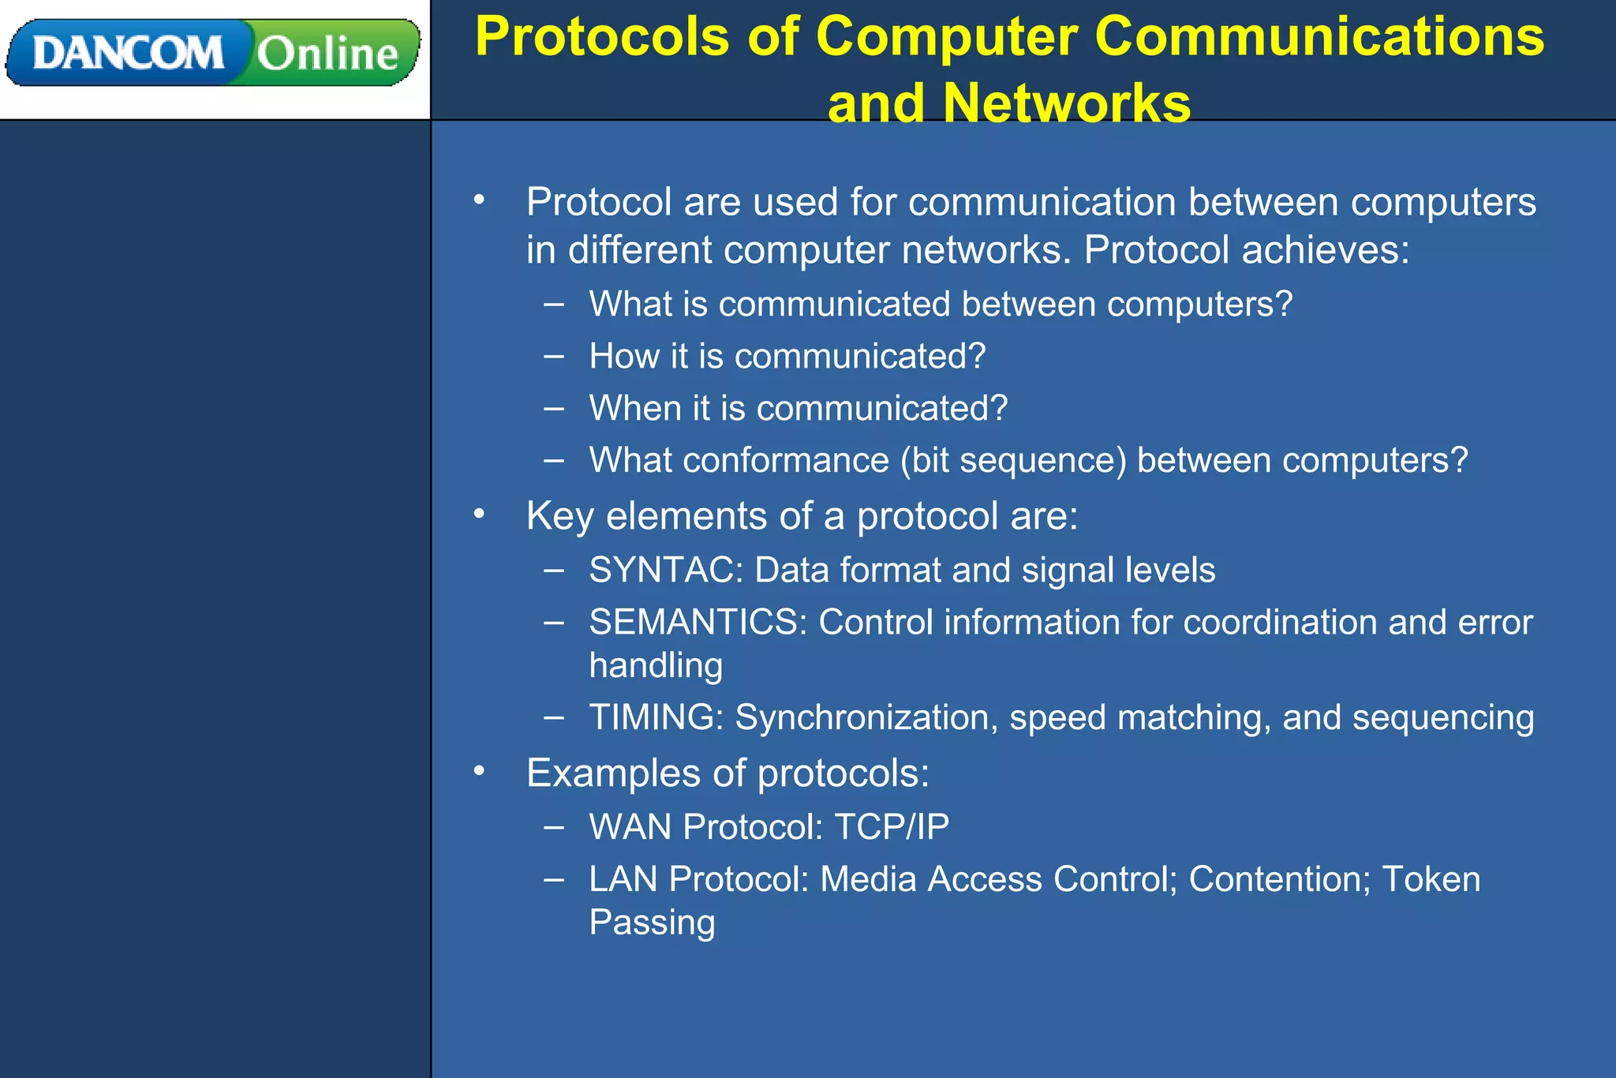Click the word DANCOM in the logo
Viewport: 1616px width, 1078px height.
pyautogui.click(x=128, y=54)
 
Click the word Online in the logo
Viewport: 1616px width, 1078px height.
pyautogui.click(x=327, y=54)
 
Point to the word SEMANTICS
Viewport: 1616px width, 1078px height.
pyautogui.click(x=694, y=623)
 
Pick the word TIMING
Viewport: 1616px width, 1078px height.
pyautogui.click(x=652, y=717)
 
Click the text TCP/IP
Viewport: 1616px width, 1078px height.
pyautogui.click(x=892, y=827)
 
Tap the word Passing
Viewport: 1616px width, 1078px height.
pyautogui.click(x=652, y=923)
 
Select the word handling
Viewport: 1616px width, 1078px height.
pyautogui.click(x=656, y=665)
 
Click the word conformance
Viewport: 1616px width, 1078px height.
pyautogui.click(x=785, y=461)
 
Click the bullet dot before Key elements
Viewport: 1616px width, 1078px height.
pyautogui.click(x=479, y=515)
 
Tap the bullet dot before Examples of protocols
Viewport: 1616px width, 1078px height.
pyautogui.click(x=479, y=771)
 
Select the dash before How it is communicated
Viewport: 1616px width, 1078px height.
pyautogui.click(x=554, y=356)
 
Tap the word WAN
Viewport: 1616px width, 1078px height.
pyautogui.click(x=630, y=827)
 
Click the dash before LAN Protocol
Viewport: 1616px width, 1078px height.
pyautogui.click(x=554, y=878)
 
